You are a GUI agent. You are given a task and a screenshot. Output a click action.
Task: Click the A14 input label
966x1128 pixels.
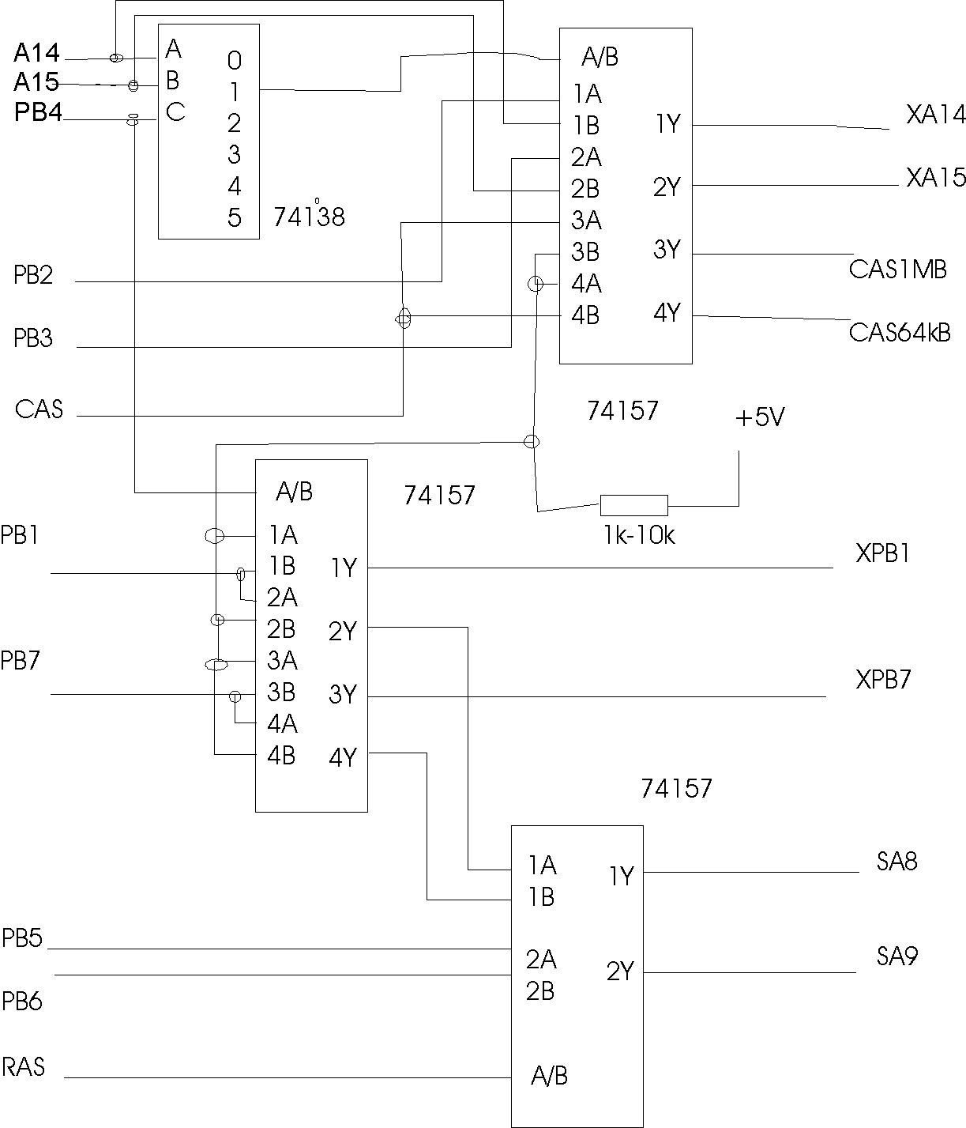(36, 54)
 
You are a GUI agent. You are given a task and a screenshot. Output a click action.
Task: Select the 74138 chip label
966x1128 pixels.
(309, 217)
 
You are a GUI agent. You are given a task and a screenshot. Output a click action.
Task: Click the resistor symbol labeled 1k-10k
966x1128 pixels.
(633, 505)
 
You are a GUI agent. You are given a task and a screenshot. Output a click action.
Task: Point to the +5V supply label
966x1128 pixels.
(759, 417)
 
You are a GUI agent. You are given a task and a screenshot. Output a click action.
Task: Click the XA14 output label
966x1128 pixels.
(935, 115)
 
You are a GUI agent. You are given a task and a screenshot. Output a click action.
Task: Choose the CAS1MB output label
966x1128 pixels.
(897, 269)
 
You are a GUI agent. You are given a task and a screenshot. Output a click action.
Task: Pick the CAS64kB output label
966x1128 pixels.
(900, 332)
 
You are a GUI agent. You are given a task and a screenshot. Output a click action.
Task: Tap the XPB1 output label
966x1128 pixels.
(883, 553)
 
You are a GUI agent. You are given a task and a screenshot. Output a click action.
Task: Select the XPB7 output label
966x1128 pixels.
(883, 679)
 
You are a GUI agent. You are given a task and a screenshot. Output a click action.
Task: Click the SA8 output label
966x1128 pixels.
(896, 861)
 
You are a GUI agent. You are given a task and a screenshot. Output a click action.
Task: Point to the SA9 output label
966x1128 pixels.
(896, 956)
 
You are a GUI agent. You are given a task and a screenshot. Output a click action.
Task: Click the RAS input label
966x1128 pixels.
(24, 1067)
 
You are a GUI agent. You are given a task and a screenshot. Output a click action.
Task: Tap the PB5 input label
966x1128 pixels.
(22, 938)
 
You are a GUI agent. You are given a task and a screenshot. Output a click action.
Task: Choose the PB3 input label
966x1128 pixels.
(33, 339)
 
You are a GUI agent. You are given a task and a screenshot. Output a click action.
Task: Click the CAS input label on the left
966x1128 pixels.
(39, 409)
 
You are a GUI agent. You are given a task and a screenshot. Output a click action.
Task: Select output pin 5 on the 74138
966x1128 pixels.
(234, 217)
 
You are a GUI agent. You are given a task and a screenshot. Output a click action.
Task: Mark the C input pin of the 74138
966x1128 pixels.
(175, 113)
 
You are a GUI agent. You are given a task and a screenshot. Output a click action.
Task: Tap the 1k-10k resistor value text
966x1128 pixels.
(638, 536)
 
